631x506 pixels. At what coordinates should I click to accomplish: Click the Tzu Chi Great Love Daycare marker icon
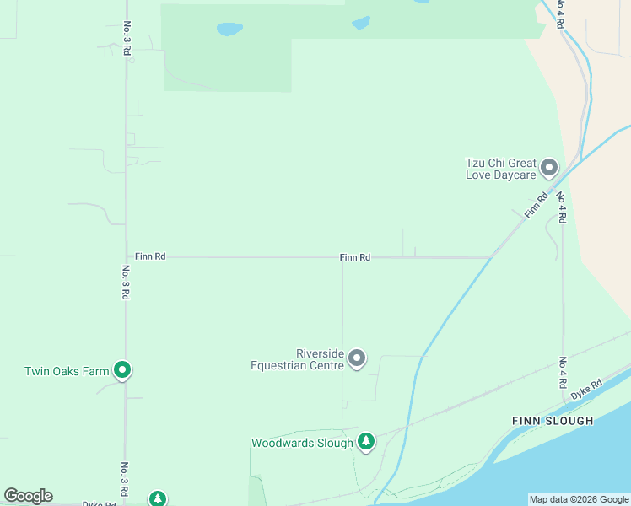(x=549, y=168)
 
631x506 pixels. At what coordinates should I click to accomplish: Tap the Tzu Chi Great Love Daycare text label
(x=501, y=169)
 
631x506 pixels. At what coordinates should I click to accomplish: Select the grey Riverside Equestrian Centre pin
(x=357, y=358)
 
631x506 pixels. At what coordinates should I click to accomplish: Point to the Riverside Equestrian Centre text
(x=297, y=359)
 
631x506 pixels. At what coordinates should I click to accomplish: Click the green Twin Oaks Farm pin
(x=122, y=369)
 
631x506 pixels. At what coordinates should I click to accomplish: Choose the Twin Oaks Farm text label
(x=67, y=371)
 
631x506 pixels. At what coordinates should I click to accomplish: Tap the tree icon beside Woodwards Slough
(x=365, y=441)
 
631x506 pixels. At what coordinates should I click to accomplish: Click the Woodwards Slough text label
(x=302, y=443)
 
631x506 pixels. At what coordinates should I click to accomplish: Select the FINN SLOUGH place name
(x=553, y=420)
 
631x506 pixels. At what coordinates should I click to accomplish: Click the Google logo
(x=28, y=496)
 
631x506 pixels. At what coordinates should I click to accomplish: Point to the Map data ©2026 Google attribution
(x=579, y=499)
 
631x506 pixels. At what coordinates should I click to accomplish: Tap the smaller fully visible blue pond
(x=361, y=23)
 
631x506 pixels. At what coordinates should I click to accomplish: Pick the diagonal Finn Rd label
(x=537, y=204)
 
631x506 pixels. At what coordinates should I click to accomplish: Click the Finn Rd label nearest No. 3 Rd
(x=149, y=256)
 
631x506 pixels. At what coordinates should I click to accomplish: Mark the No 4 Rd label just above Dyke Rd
(x=563, y=372)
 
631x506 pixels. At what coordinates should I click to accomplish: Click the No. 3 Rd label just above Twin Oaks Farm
(x=125, y=283)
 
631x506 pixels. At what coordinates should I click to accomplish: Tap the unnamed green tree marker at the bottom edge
(x=158, y=498)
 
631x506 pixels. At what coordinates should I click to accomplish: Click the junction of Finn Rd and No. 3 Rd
(x=127, y=256)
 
